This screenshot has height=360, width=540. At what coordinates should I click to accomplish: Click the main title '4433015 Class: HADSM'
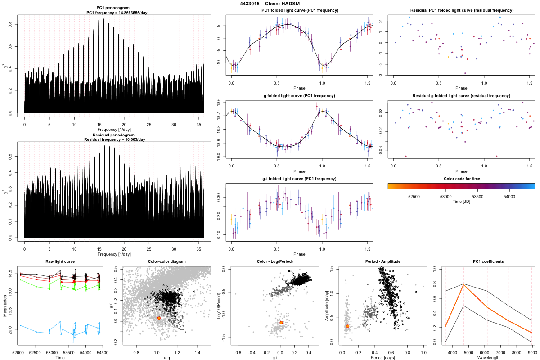click(x=270, y=4)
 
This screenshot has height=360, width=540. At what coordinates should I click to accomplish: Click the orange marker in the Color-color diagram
click(x=159, y=318)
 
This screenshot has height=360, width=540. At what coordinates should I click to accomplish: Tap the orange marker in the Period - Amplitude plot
click(x=347, y=326)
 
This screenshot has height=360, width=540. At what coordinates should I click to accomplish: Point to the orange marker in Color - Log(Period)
click(x=281, y=322)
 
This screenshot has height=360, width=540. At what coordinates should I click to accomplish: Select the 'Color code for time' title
click(x=461, y=178)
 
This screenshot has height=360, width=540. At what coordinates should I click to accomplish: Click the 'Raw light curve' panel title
click(x=60, y=261)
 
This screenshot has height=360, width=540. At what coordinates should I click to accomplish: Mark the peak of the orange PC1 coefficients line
click(x=463, y=284)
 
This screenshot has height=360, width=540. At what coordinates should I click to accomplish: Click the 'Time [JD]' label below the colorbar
click(x=461, y=202)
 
